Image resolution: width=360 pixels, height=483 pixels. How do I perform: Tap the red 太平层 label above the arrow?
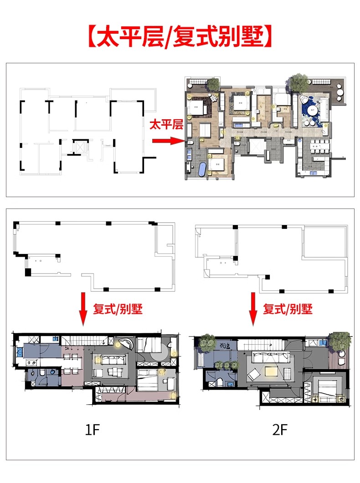pyautogui.click(x=166, y=124)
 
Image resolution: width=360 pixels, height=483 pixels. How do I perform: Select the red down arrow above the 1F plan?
pyautogui.click(x=83, y=310)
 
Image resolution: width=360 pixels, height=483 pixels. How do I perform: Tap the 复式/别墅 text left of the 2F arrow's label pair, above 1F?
pyautogui.click(x=118, y=310)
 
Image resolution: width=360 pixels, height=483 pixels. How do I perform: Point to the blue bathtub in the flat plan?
pyautogui.click(x=201, y=169)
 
